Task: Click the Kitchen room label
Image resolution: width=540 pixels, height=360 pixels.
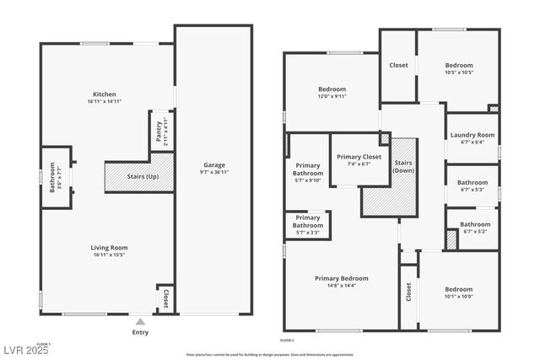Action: [x=105, y=94]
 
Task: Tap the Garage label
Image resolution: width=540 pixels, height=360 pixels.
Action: [x=214, y=164]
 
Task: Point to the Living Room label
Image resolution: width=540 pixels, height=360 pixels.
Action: [x=109, y=247]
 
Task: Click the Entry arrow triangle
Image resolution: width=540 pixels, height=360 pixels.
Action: [x=140, y=321]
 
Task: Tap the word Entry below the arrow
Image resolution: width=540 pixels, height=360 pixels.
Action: [x=140, y=332]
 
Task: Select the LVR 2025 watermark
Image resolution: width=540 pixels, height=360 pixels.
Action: [x=26, y=350]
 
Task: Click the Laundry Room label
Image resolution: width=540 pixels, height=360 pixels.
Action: [x=472, y=135]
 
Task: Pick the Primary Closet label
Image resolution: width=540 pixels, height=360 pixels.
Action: [x=359, y=157]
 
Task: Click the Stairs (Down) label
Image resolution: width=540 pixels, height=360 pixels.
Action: [x=403, y=166]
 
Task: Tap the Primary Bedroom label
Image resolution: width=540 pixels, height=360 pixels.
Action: [x=341, y=278]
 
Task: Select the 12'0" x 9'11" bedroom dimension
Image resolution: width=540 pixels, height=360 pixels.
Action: [x=332, y=96]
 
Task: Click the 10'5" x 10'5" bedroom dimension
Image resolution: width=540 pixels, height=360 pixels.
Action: [x=459, y=73]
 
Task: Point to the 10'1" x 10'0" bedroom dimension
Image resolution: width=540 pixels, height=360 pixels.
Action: [x=459, y=296]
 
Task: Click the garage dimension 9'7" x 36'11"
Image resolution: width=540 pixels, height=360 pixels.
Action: [x=214, y=172]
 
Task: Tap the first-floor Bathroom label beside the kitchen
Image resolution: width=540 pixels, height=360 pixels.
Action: [x=52, y=177]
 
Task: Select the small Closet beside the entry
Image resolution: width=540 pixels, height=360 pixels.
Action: [x=165, y=298]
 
